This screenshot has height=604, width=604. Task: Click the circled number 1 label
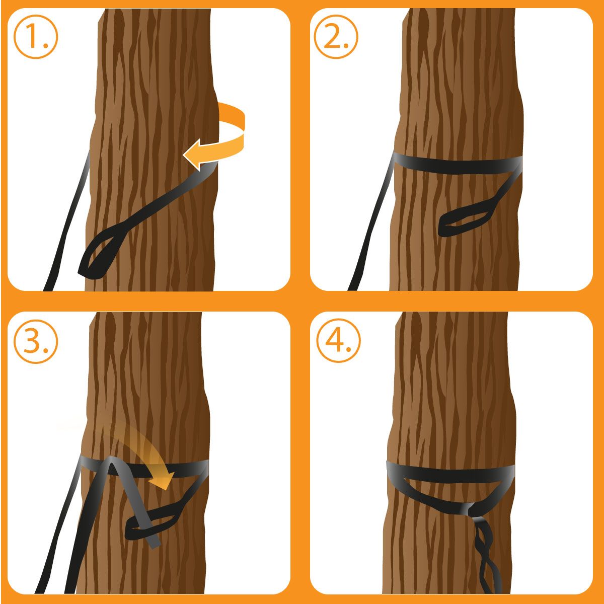(36, 36)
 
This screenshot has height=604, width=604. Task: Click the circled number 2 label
(336, 36)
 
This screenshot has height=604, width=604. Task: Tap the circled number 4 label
(338, 341)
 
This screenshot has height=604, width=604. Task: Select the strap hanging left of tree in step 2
(371, 222)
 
